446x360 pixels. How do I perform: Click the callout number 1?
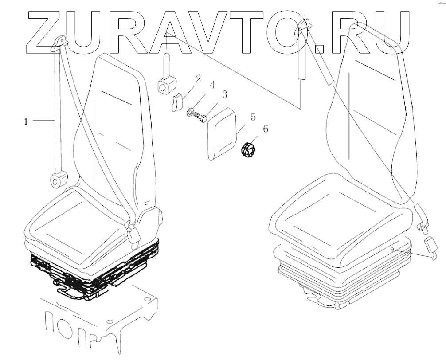[26, 121]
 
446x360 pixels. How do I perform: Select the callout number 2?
[198, 79]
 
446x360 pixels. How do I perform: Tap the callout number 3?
[225, 94]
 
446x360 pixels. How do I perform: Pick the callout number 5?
[253, 117]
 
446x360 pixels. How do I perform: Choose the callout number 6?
[266, 129]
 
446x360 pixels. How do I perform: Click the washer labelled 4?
[191, 112]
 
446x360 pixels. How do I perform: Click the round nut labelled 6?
[249, 149]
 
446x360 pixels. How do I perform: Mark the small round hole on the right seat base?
[392, 250]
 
